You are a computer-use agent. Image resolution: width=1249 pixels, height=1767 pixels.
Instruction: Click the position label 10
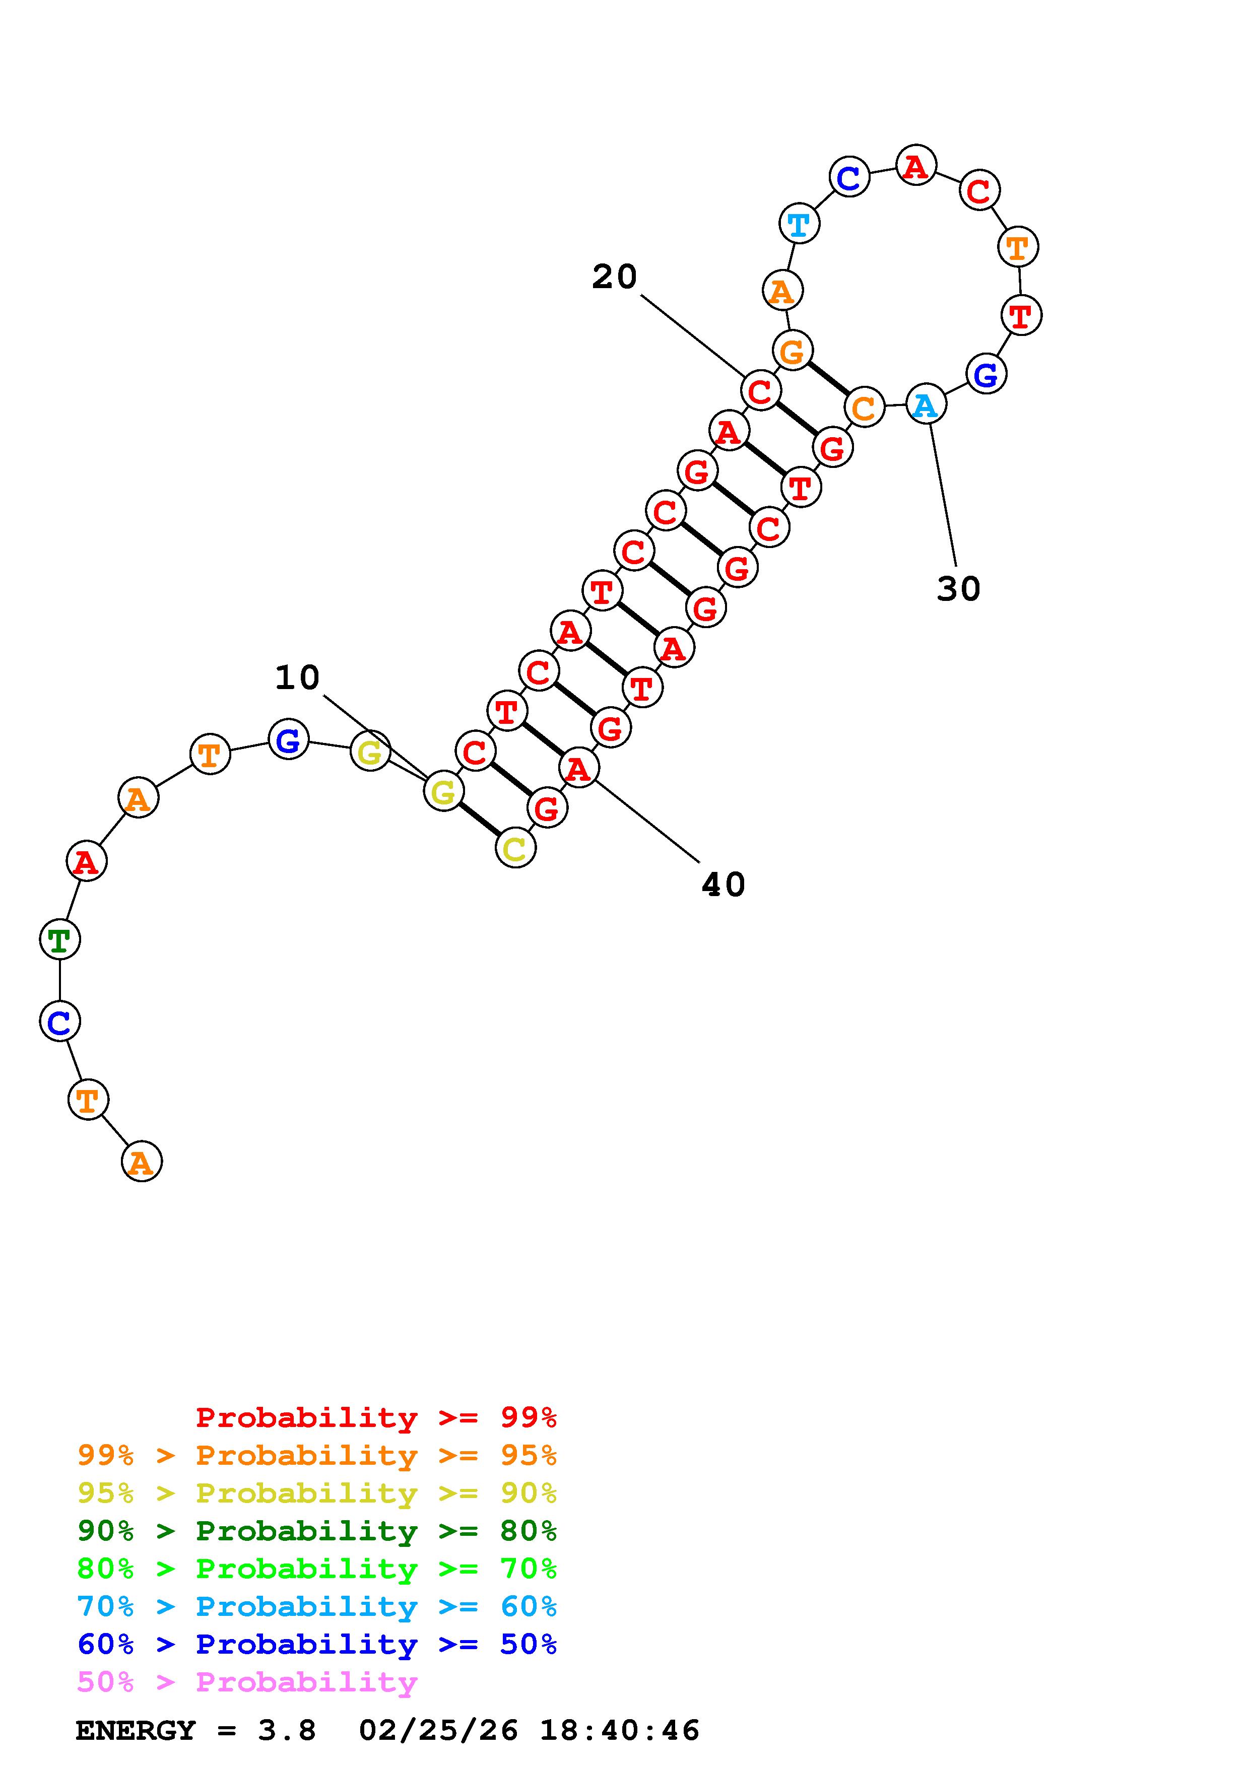click(297, 678)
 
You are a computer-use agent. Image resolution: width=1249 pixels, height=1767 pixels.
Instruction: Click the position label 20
click(614, 277)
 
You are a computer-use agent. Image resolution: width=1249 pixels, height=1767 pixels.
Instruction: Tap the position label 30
click(958, 589)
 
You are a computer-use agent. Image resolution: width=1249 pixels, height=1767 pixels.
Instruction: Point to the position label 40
click(724, 885)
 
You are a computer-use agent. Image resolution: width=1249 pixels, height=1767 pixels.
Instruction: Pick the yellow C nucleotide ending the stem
click(515, 848)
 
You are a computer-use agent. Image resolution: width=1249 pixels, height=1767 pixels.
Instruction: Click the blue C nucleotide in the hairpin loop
click(849, 177)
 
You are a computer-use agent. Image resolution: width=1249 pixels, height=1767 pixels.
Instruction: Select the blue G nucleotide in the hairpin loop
click(986, 374)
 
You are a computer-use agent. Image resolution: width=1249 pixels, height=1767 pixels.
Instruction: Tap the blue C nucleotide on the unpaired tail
click(59, 1021)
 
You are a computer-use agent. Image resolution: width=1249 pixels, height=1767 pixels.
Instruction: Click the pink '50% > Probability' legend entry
click(247, 1682)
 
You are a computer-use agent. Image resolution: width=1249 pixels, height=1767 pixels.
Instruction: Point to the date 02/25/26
click(438, 1731)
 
